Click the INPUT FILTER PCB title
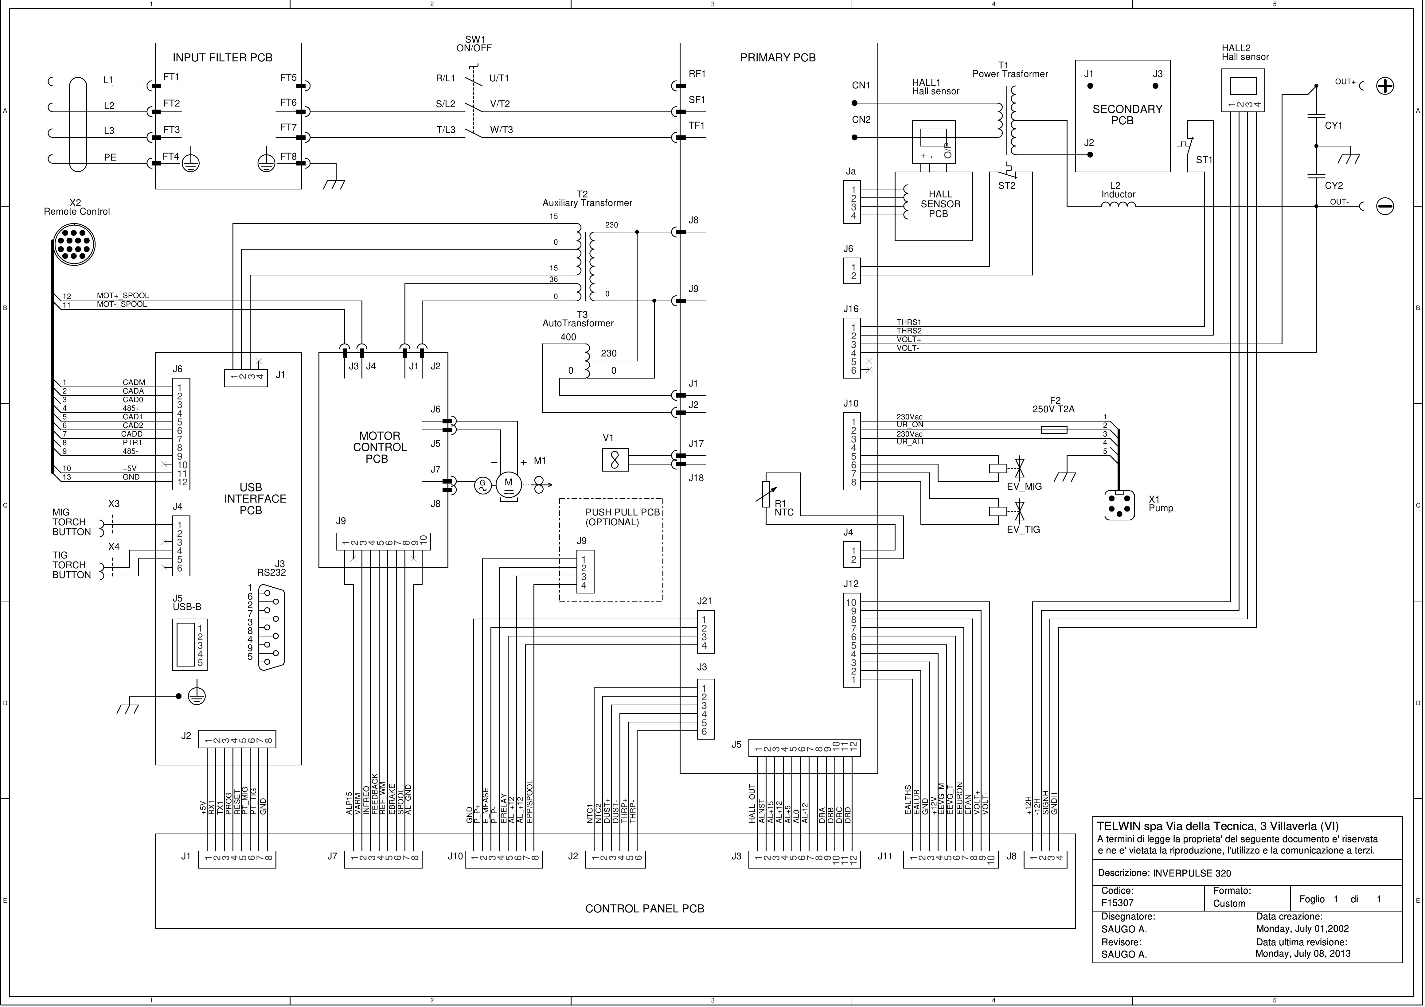(x=222, y=58)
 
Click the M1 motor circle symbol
(x=508, y=484)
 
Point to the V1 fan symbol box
(x=615, y=460)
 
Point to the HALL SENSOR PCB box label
(x=940, y=204)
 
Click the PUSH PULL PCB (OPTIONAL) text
(x=622, y=517)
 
